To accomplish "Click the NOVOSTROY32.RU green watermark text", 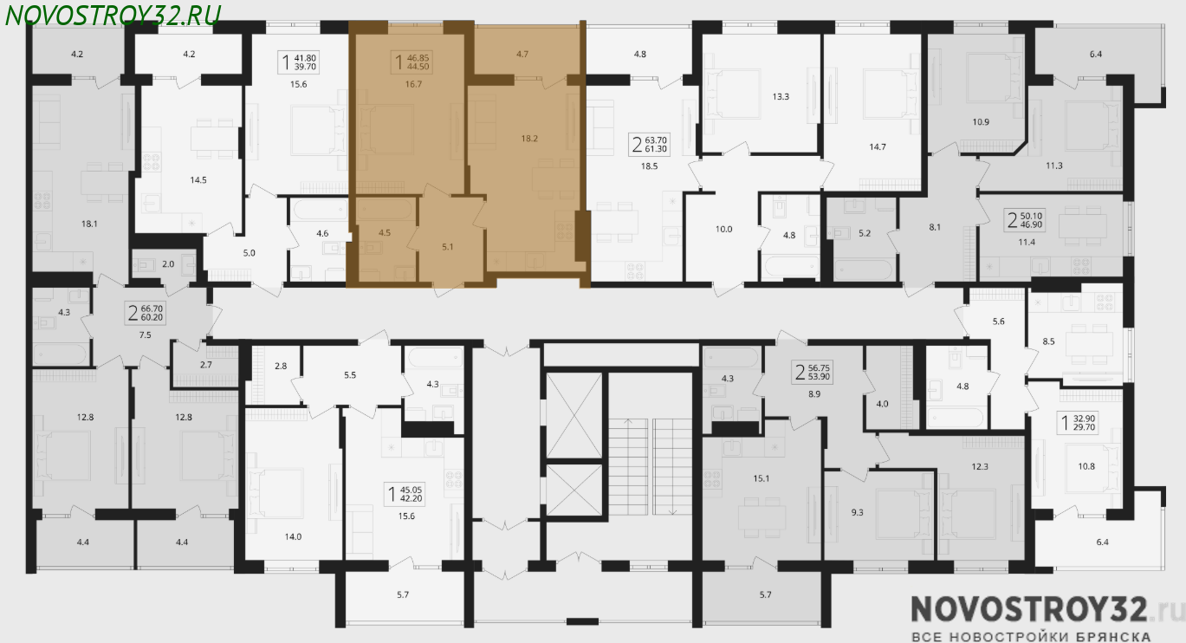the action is [x=113, y=16].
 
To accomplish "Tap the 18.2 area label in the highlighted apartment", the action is [x=529, y=139].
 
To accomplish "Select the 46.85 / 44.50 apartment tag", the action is [x=412, y=62].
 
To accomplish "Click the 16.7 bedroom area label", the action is [x=413, y=84].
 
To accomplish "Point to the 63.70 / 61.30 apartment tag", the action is [x=650, y=144].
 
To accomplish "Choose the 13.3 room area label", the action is [x=781, y=96].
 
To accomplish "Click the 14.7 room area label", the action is [x=878, y=147].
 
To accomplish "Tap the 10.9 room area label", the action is [x=981, y=122].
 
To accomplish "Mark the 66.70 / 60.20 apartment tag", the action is [x=145, y=313].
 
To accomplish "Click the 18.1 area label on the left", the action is [x=89, y=224].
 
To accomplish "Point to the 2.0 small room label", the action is [x=168, y=264].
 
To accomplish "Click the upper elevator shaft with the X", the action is [x=574, y=415].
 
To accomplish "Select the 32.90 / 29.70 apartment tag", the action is [x=1078, y=423].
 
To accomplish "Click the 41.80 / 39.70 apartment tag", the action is [x=299, y=62].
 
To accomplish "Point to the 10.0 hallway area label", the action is [x=723, y=230].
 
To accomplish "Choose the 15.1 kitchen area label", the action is [x=762, y=479].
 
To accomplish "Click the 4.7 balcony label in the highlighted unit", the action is [x=522, y=54].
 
